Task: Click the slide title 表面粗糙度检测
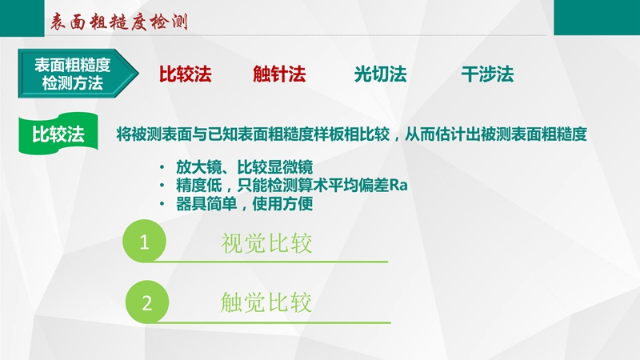(118, 22)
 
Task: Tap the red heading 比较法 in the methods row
(186, 74)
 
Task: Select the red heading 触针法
(279, 74)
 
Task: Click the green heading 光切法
(381, 74)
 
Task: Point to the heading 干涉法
(487, 74)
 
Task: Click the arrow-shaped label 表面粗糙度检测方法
(78, 74)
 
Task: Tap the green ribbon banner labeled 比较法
(58, 134)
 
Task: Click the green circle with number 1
(145, 241)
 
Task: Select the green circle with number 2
(147, 302)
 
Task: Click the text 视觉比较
(266, 243)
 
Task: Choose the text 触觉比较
(266, 302)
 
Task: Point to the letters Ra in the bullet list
(398, 186)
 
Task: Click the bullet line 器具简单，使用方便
(245, 204)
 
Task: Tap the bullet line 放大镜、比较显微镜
(245, 167)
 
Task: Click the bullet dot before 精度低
(162, 186)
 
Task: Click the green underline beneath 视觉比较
(270, 262)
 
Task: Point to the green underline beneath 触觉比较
(272, 322)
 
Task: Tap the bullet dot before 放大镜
(162, 167)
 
